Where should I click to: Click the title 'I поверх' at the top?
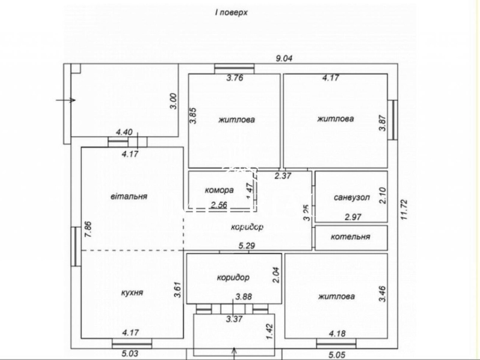(231, 13)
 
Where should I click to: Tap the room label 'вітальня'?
(129, 196)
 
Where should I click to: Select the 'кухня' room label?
(132, 292)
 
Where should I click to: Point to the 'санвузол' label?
(351, 198)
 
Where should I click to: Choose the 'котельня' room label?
(350, 237)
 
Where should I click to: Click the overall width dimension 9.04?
(284, 58)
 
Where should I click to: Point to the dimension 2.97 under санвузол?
(353, 217)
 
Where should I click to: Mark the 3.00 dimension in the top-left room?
(175, 101)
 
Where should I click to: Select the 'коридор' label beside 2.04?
(233, 277)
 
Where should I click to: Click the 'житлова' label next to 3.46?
(336, 297)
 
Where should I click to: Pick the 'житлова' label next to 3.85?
(237, 120)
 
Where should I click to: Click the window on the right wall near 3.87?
(394, 120)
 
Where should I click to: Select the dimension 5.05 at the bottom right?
(336, 355)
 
